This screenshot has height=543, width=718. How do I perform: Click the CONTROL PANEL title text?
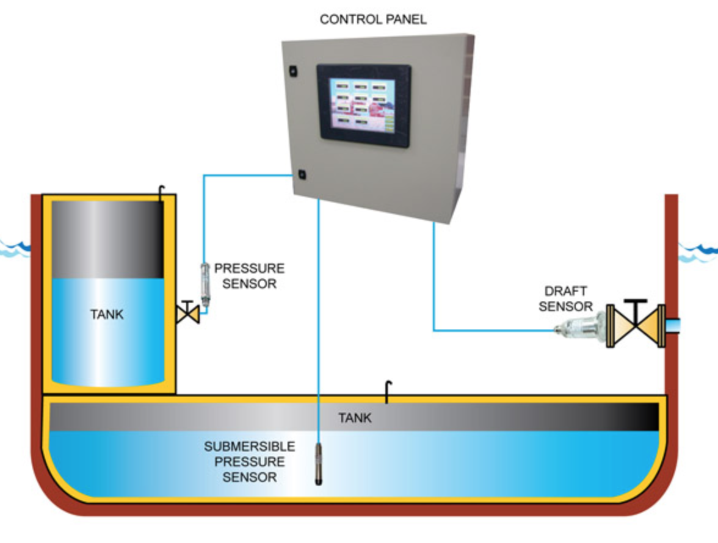pyautogui.click(x=373, y=20)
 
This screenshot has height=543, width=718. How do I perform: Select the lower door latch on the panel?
pyautogui.click(x=302, y=174)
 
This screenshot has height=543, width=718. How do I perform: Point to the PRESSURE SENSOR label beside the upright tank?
pyautogui.click(x=249, y=276)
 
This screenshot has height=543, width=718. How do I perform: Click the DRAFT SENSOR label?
pyautogui.click(x=566, y=299)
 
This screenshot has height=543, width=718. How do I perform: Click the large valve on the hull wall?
pyautogui.click(x=636, y=326)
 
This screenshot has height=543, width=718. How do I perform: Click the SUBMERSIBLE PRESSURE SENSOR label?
pyautogui.click(x=249, y=462)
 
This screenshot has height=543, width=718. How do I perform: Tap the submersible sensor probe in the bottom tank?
pyautogui.click(x=318, y=464)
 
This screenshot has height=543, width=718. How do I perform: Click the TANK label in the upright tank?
pyautogui.click(x=107, y=315)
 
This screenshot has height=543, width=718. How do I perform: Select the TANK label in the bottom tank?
pyautogui.click(x=355, y=419)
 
